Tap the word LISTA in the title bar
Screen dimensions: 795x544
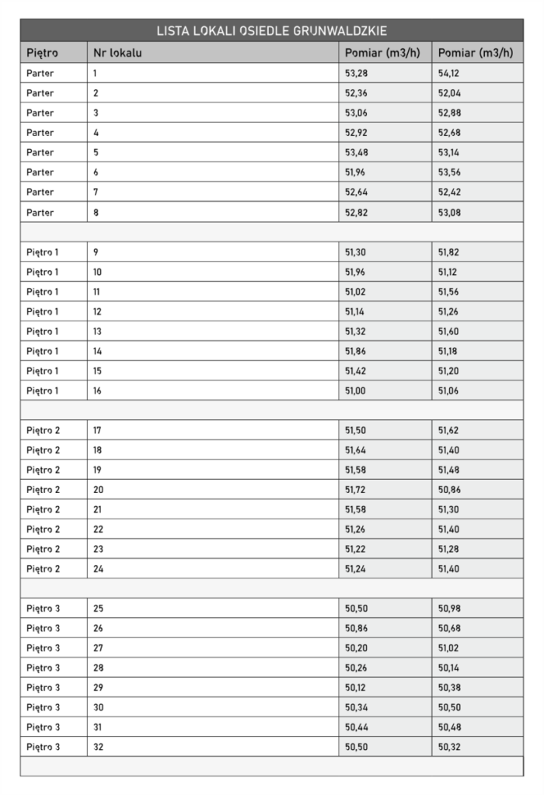click(x=173, y=31)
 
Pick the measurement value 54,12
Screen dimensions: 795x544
click(x=449, y=73)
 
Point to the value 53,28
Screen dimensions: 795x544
click(x=356, y=73)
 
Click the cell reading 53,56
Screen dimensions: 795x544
click(x=449, y=172)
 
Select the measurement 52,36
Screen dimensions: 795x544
click(x=356, y=93)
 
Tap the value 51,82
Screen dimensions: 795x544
click(x=449, y=252)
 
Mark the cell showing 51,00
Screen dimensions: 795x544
click(x=356, y=391)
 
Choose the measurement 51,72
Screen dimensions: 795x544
click(x=356, y=489)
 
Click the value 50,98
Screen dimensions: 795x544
click(x=449, y=608)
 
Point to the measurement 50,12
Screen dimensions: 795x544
click(x=356, y=687)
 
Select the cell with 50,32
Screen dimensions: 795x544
click(x=449, y=746)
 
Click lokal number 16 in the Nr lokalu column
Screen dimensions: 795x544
click(x=98, y=391)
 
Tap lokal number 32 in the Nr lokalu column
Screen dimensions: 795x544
click(x=98, y=746)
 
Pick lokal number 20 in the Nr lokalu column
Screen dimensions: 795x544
click(x=98, y=489)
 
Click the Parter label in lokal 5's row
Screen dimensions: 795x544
click(x=40, y=152)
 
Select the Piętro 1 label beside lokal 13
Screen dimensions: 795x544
click(x=43, y=332)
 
